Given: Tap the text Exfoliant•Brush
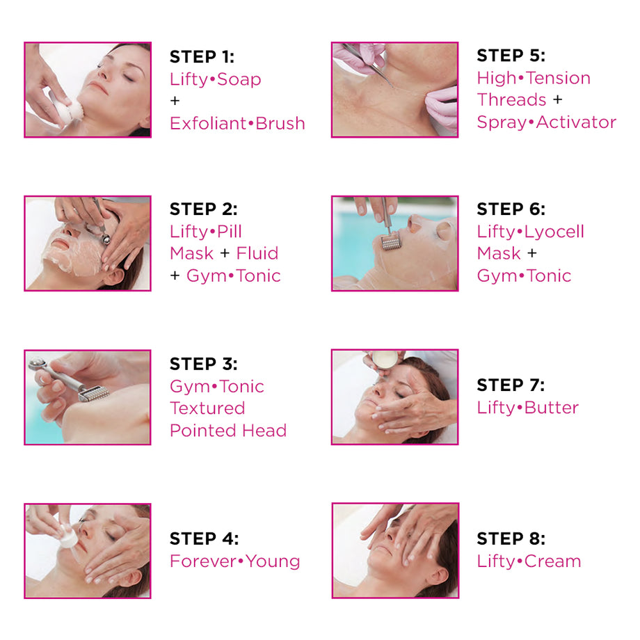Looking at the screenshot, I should click(237, 123).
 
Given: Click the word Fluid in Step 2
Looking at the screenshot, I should click(257, 253).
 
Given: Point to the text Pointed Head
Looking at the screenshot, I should click(228, 431).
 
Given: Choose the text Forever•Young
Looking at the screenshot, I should click(235, 561).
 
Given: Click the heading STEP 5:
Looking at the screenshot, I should click(511, 56).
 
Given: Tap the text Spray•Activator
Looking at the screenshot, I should click(546, 122).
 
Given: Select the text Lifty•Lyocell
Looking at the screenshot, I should click(530, 232).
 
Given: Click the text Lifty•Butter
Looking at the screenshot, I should click(527, 408).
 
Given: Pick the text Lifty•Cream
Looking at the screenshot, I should click(529, 561).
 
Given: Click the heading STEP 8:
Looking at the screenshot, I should click(511, 539).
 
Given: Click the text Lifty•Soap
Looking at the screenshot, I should click(216, 79).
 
